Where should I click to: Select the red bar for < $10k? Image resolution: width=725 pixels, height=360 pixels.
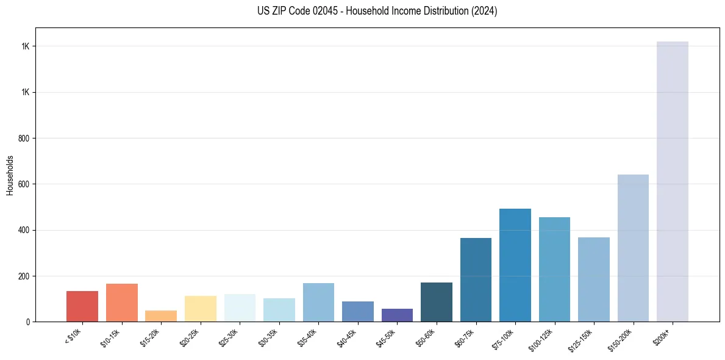(x=82, y=306)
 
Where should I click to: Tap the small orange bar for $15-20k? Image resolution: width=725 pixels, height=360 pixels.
(x=160, y=316)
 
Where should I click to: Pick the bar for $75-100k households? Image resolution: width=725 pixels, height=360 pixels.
(x=515, y=265)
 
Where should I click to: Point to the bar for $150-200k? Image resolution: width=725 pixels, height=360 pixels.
(x=633, y=248)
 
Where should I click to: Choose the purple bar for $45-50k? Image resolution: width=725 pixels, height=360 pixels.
(x=396, y=315)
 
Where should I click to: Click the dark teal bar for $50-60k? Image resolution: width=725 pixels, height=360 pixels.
(x=436, y=302)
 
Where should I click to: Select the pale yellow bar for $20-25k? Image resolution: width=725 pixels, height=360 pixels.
(x=200, y=309)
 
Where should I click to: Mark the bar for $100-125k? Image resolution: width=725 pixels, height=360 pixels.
(x=554, y=269)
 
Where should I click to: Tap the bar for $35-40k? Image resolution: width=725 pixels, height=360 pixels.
(x=318, y=302)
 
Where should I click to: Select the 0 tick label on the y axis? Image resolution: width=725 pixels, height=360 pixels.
(x=28, y=322)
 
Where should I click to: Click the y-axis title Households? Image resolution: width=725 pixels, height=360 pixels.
(x=10, y=175)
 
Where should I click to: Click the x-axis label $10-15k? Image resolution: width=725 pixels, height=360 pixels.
(x=110, y=336)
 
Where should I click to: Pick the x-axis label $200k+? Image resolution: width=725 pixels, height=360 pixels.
(x=662, y=335)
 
